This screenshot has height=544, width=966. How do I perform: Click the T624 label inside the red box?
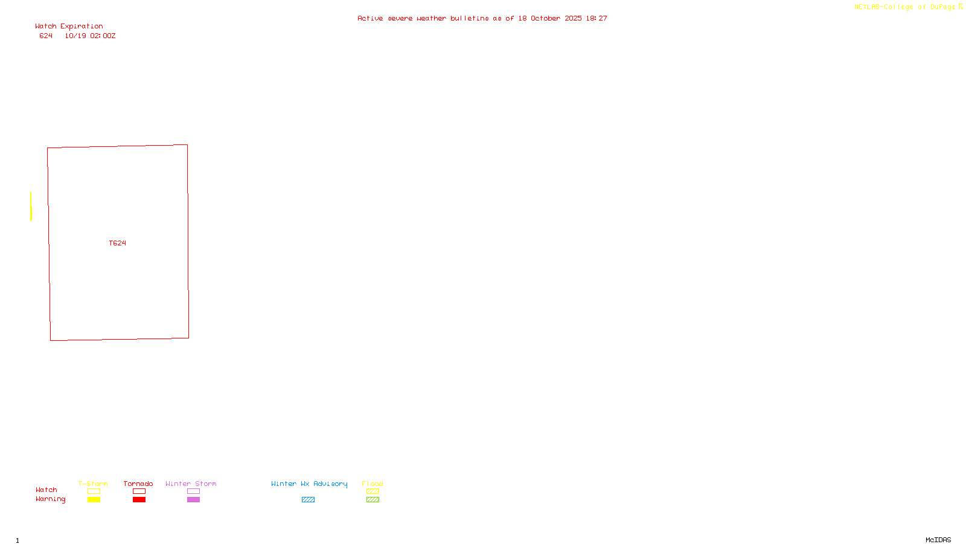coord(117,243)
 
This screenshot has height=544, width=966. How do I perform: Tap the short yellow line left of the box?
coord(31,206)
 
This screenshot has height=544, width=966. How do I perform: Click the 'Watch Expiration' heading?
coord(69,27)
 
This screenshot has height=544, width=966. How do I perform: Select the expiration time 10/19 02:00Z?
coord(90,36)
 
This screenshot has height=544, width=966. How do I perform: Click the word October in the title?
coord(545,19)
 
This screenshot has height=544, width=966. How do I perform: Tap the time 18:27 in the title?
coord(596,19)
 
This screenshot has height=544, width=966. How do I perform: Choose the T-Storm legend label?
coord(93,484)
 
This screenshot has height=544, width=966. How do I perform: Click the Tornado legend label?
coord(138,484)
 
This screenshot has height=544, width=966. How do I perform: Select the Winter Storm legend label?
coord(191,484)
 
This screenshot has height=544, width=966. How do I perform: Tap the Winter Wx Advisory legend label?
coord(309,484)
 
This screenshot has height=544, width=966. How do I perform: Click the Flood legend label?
coord(373,484)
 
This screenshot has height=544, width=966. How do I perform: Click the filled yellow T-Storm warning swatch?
coord(94,500)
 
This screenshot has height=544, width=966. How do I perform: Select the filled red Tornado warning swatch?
coord(139,500)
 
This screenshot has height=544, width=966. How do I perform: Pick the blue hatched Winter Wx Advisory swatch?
coord(308,500)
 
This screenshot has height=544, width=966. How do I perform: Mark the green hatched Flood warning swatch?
coord(373,500)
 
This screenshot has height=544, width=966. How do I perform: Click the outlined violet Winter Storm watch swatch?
coord(193,491)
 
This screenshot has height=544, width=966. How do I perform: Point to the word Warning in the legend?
coord(50,499)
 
